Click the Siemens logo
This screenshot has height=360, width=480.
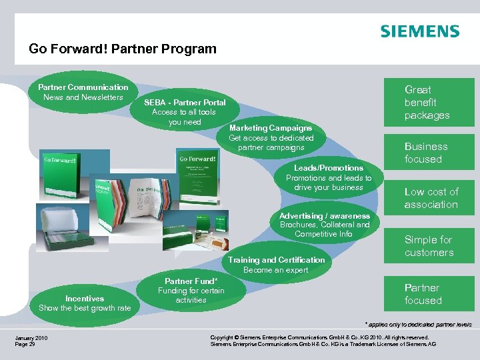point(419,31)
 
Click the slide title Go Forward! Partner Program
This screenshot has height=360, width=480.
point(123,49)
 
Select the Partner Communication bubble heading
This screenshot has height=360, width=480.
point(83,87)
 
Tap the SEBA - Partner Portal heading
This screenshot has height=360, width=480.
point(185,103)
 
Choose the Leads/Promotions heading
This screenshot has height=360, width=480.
point(329,168)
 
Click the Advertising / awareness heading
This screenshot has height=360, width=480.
point(324,216)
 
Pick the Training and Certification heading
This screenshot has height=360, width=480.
point(276,260)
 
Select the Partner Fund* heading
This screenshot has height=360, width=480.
point(191,281)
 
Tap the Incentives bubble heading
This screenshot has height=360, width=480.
point(85,299)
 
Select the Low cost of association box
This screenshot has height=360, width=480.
point(431,198)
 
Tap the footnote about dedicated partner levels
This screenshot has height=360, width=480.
point(418,325)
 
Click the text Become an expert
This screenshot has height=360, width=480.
point(276,270)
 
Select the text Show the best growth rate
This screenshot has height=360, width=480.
point(85,308)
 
